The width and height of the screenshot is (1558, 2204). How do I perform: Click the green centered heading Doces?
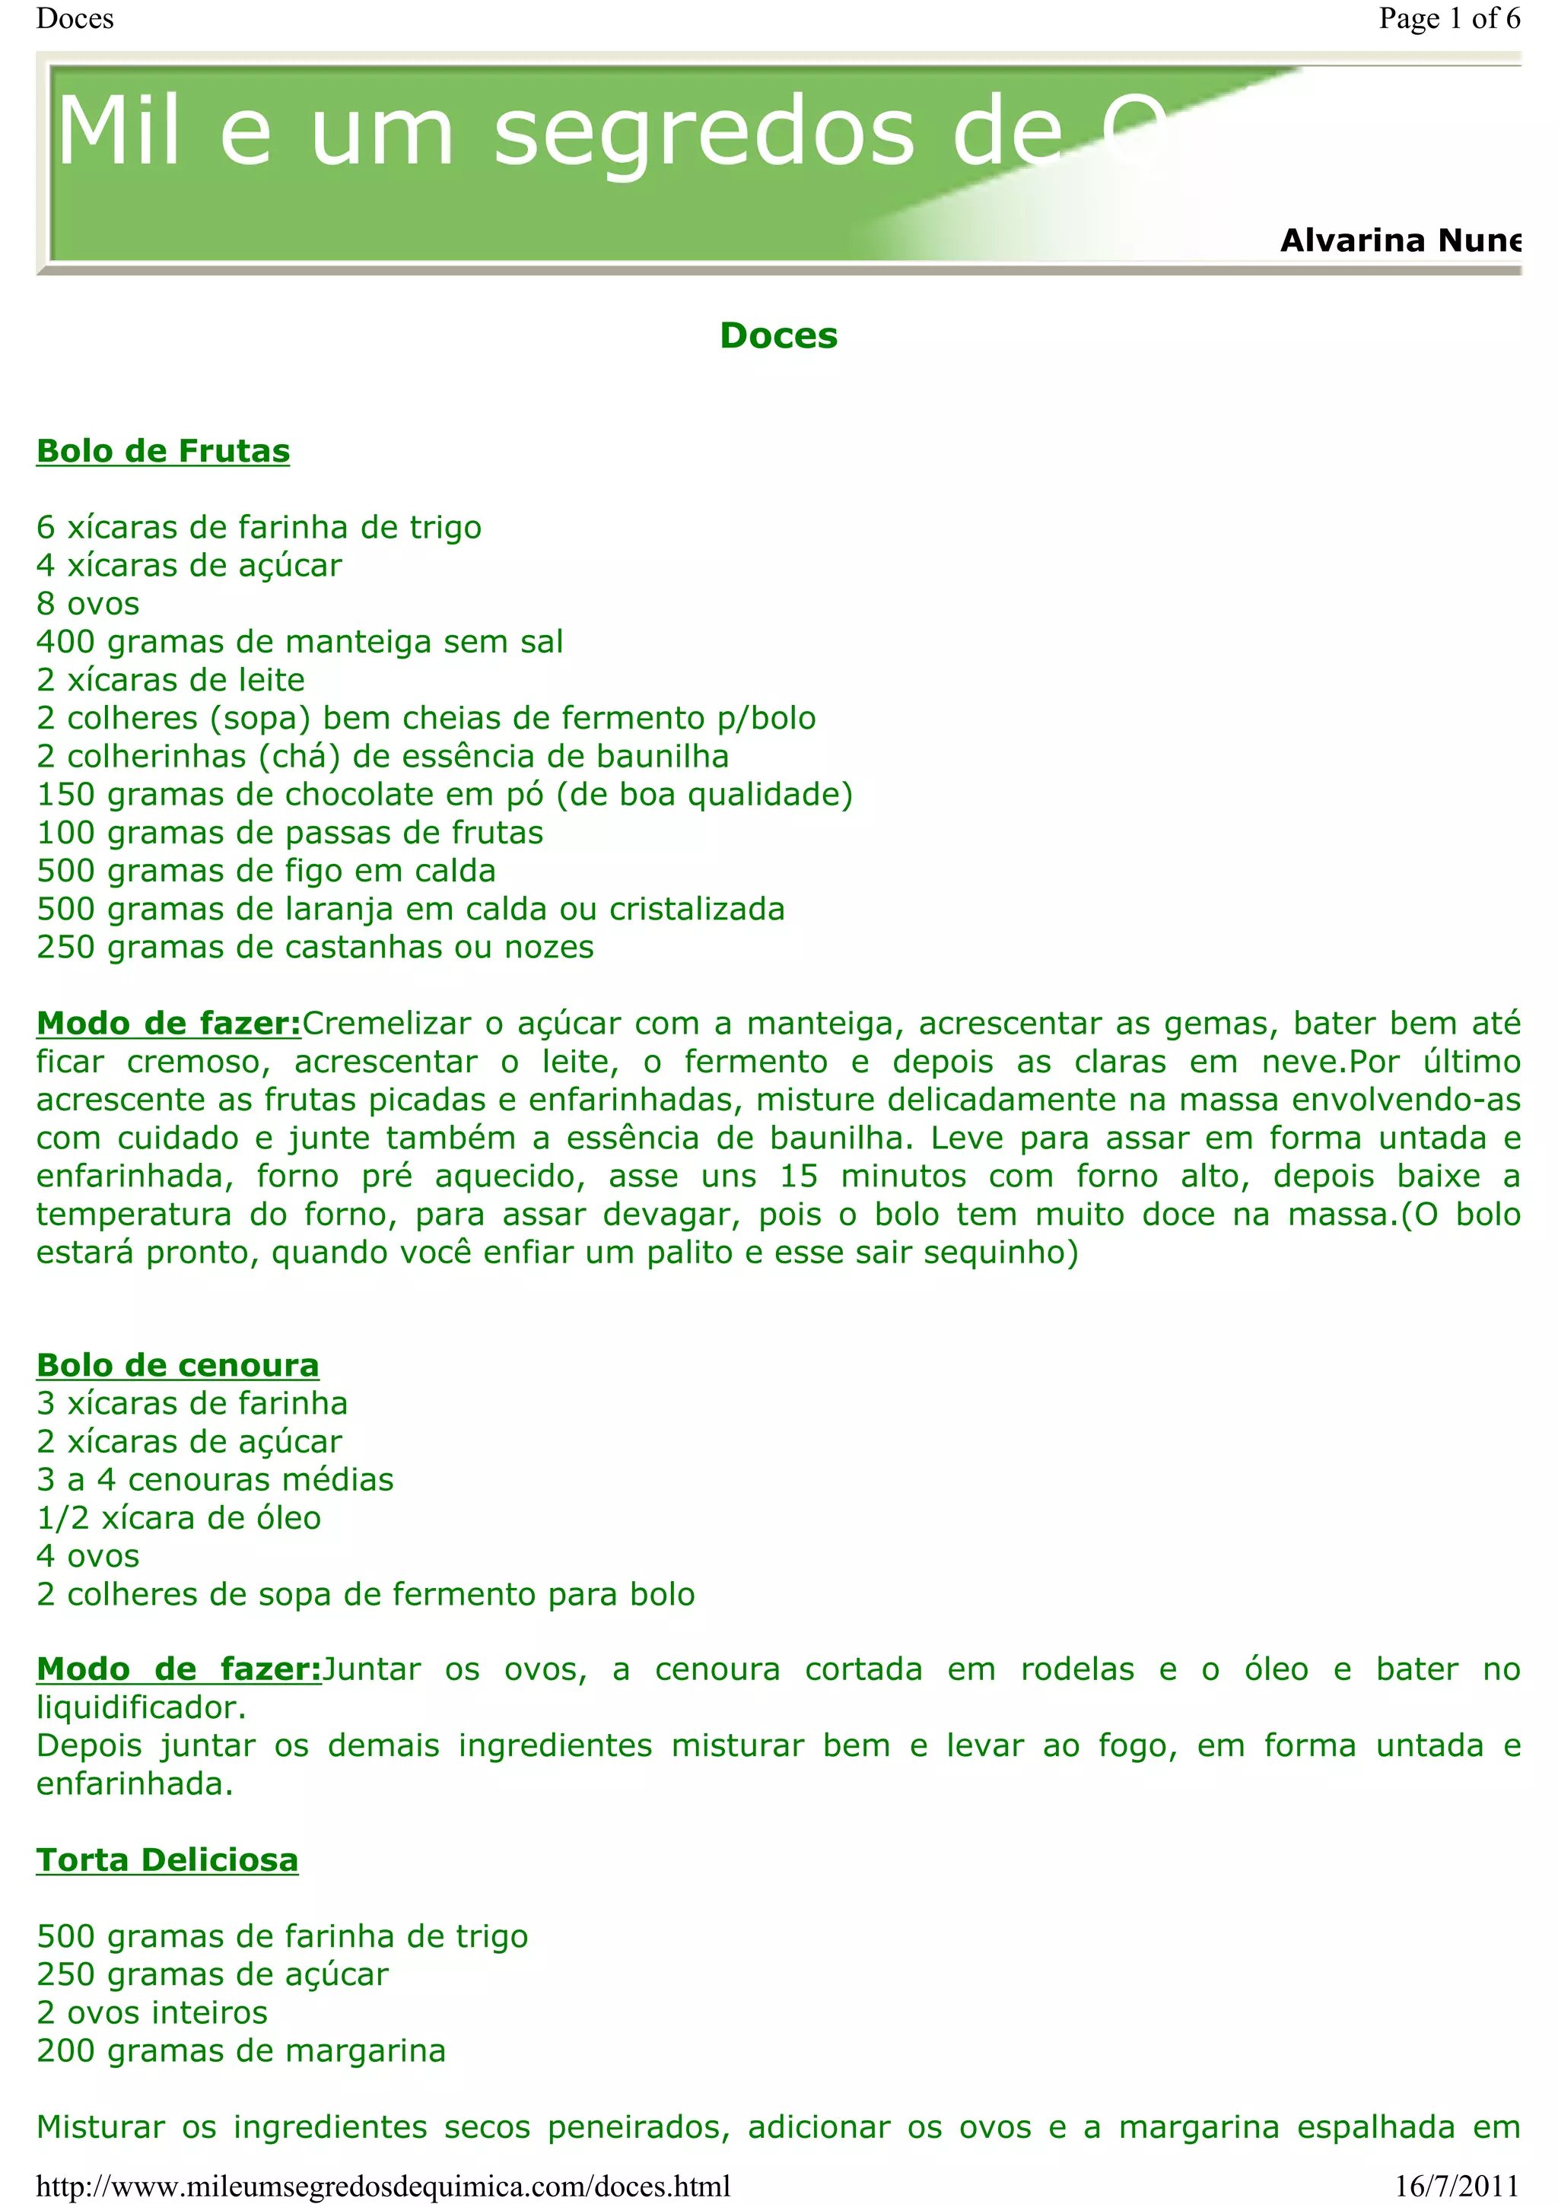(x=778, y=335)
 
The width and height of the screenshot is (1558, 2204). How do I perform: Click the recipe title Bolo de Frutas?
(x=164, y=451)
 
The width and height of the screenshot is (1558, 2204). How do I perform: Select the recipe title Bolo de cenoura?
(x=177, y=1365)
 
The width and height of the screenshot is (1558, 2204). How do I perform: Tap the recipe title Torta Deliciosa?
(x=167, y=1859)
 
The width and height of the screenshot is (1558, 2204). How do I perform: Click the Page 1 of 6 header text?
(x=1448, y=18)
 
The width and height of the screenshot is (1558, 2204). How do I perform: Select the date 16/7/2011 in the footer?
(x=1458, y=2186)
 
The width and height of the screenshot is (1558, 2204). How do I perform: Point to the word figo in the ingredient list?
(x=315, y=871)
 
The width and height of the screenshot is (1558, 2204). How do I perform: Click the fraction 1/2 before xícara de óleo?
(x=62, y=1518)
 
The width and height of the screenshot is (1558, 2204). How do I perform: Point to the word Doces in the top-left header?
(x=75, y=18)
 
